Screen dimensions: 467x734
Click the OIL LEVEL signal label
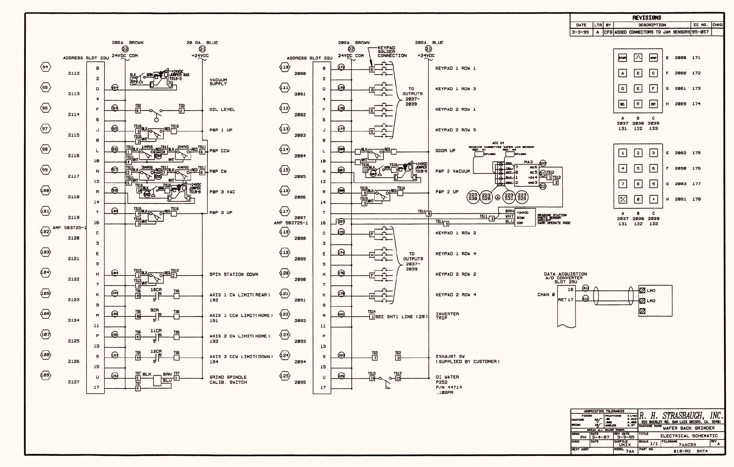click(x=222, y=109)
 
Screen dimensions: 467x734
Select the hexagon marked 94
click(x=45, y=67)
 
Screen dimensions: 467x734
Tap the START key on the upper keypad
click(x=622, y=58)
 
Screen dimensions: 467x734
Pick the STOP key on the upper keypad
click(x=653, y=58)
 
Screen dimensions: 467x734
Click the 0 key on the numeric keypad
click(x=638, y=199)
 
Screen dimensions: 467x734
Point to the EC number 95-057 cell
click(x=700, y=32)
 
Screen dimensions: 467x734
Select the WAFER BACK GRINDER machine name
click(x=689, y=428)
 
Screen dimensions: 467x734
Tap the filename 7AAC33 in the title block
click(x=687, y=444)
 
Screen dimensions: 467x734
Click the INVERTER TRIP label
click(x=447, y=316)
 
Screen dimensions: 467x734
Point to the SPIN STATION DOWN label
click(x=233, y=274)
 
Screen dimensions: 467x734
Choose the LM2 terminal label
click(x=651, y=301)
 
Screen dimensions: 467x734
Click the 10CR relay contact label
click(x=156, y=290)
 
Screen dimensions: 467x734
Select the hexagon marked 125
click(x=284, y=376)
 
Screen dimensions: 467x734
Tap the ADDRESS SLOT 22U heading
click(x=309, y=58)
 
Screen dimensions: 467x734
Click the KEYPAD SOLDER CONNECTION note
click(x=392, y=52)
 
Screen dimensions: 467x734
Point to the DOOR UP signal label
click(x=445, y=151)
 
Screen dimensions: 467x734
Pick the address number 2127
click(x=74, y=382)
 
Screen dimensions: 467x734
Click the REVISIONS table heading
click(x=647, y=18)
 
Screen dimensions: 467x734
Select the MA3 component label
click(x=528, y=162)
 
